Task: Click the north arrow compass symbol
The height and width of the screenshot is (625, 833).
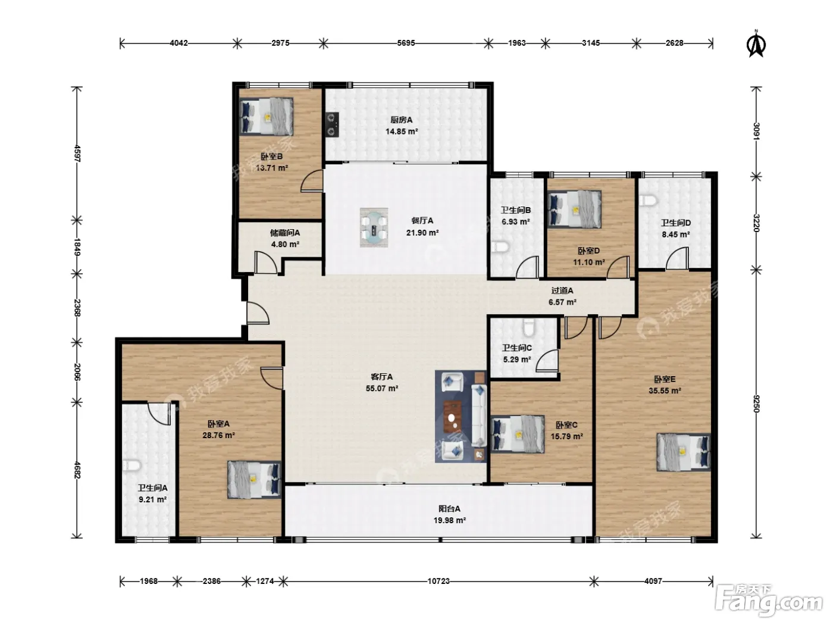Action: click(x=756, y=44)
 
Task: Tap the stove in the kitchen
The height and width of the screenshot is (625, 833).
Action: click(x=333, y=124)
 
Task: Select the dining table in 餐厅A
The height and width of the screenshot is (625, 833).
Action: click(x=374, y=227)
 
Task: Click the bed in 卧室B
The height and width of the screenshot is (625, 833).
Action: click(x=267, y=116)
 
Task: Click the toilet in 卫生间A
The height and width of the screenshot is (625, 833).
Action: click(x=131, y=465)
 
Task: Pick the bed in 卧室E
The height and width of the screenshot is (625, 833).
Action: click(x=684, y=452)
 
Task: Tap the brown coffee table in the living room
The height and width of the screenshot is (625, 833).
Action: click(x=453, y=416)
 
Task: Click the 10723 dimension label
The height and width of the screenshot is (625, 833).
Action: click(x=439, y=581)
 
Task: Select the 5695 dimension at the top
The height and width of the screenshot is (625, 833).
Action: click(x=406, y=43)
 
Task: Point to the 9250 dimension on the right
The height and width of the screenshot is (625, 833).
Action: click(x=756, y=404)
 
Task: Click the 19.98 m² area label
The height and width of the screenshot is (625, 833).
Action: click(x=450, y=520)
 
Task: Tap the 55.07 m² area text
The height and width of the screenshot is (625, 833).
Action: click(x=382, y=388)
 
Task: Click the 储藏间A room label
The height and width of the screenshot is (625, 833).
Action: click(x=285, y=233)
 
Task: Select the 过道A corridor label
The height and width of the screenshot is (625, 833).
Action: click(x=562, y=290)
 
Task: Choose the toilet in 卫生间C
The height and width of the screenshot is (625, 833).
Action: click(x=528, y=327)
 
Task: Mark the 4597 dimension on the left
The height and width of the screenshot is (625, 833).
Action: click(x=77, y=154)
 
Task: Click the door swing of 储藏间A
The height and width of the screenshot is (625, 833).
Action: click(x=266, y=262)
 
